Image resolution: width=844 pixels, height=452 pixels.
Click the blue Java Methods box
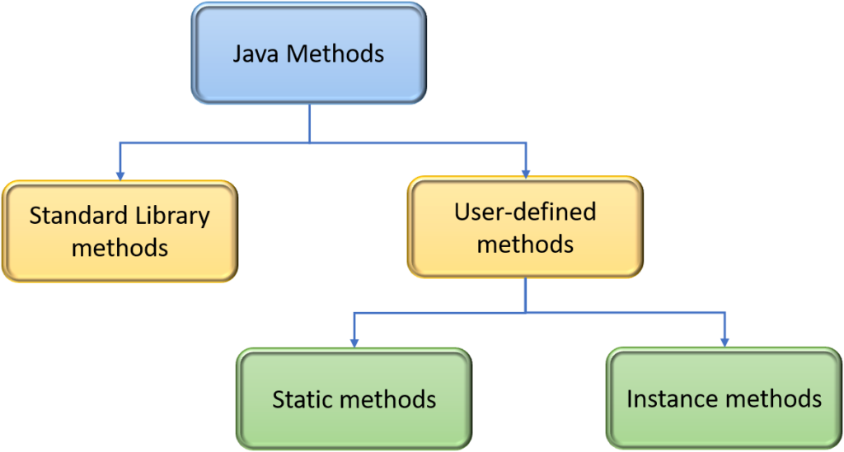308,54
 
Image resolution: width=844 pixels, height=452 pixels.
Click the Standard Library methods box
120,231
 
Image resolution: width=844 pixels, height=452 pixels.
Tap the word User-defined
525,212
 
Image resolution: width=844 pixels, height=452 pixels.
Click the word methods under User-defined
525,244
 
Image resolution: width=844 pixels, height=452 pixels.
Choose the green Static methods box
354,399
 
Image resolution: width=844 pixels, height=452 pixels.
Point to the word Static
302,399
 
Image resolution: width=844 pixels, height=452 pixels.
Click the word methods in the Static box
387,400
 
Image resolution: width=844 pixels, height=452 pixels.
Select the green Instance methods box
724,399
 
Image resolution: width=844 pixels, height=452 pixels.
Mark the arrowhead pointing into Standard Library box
120,175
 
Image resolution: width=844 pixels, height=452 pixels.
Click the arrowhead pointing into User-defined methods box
526,171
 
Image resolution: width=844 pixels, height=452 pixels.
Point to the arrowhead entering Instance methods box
725,341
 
